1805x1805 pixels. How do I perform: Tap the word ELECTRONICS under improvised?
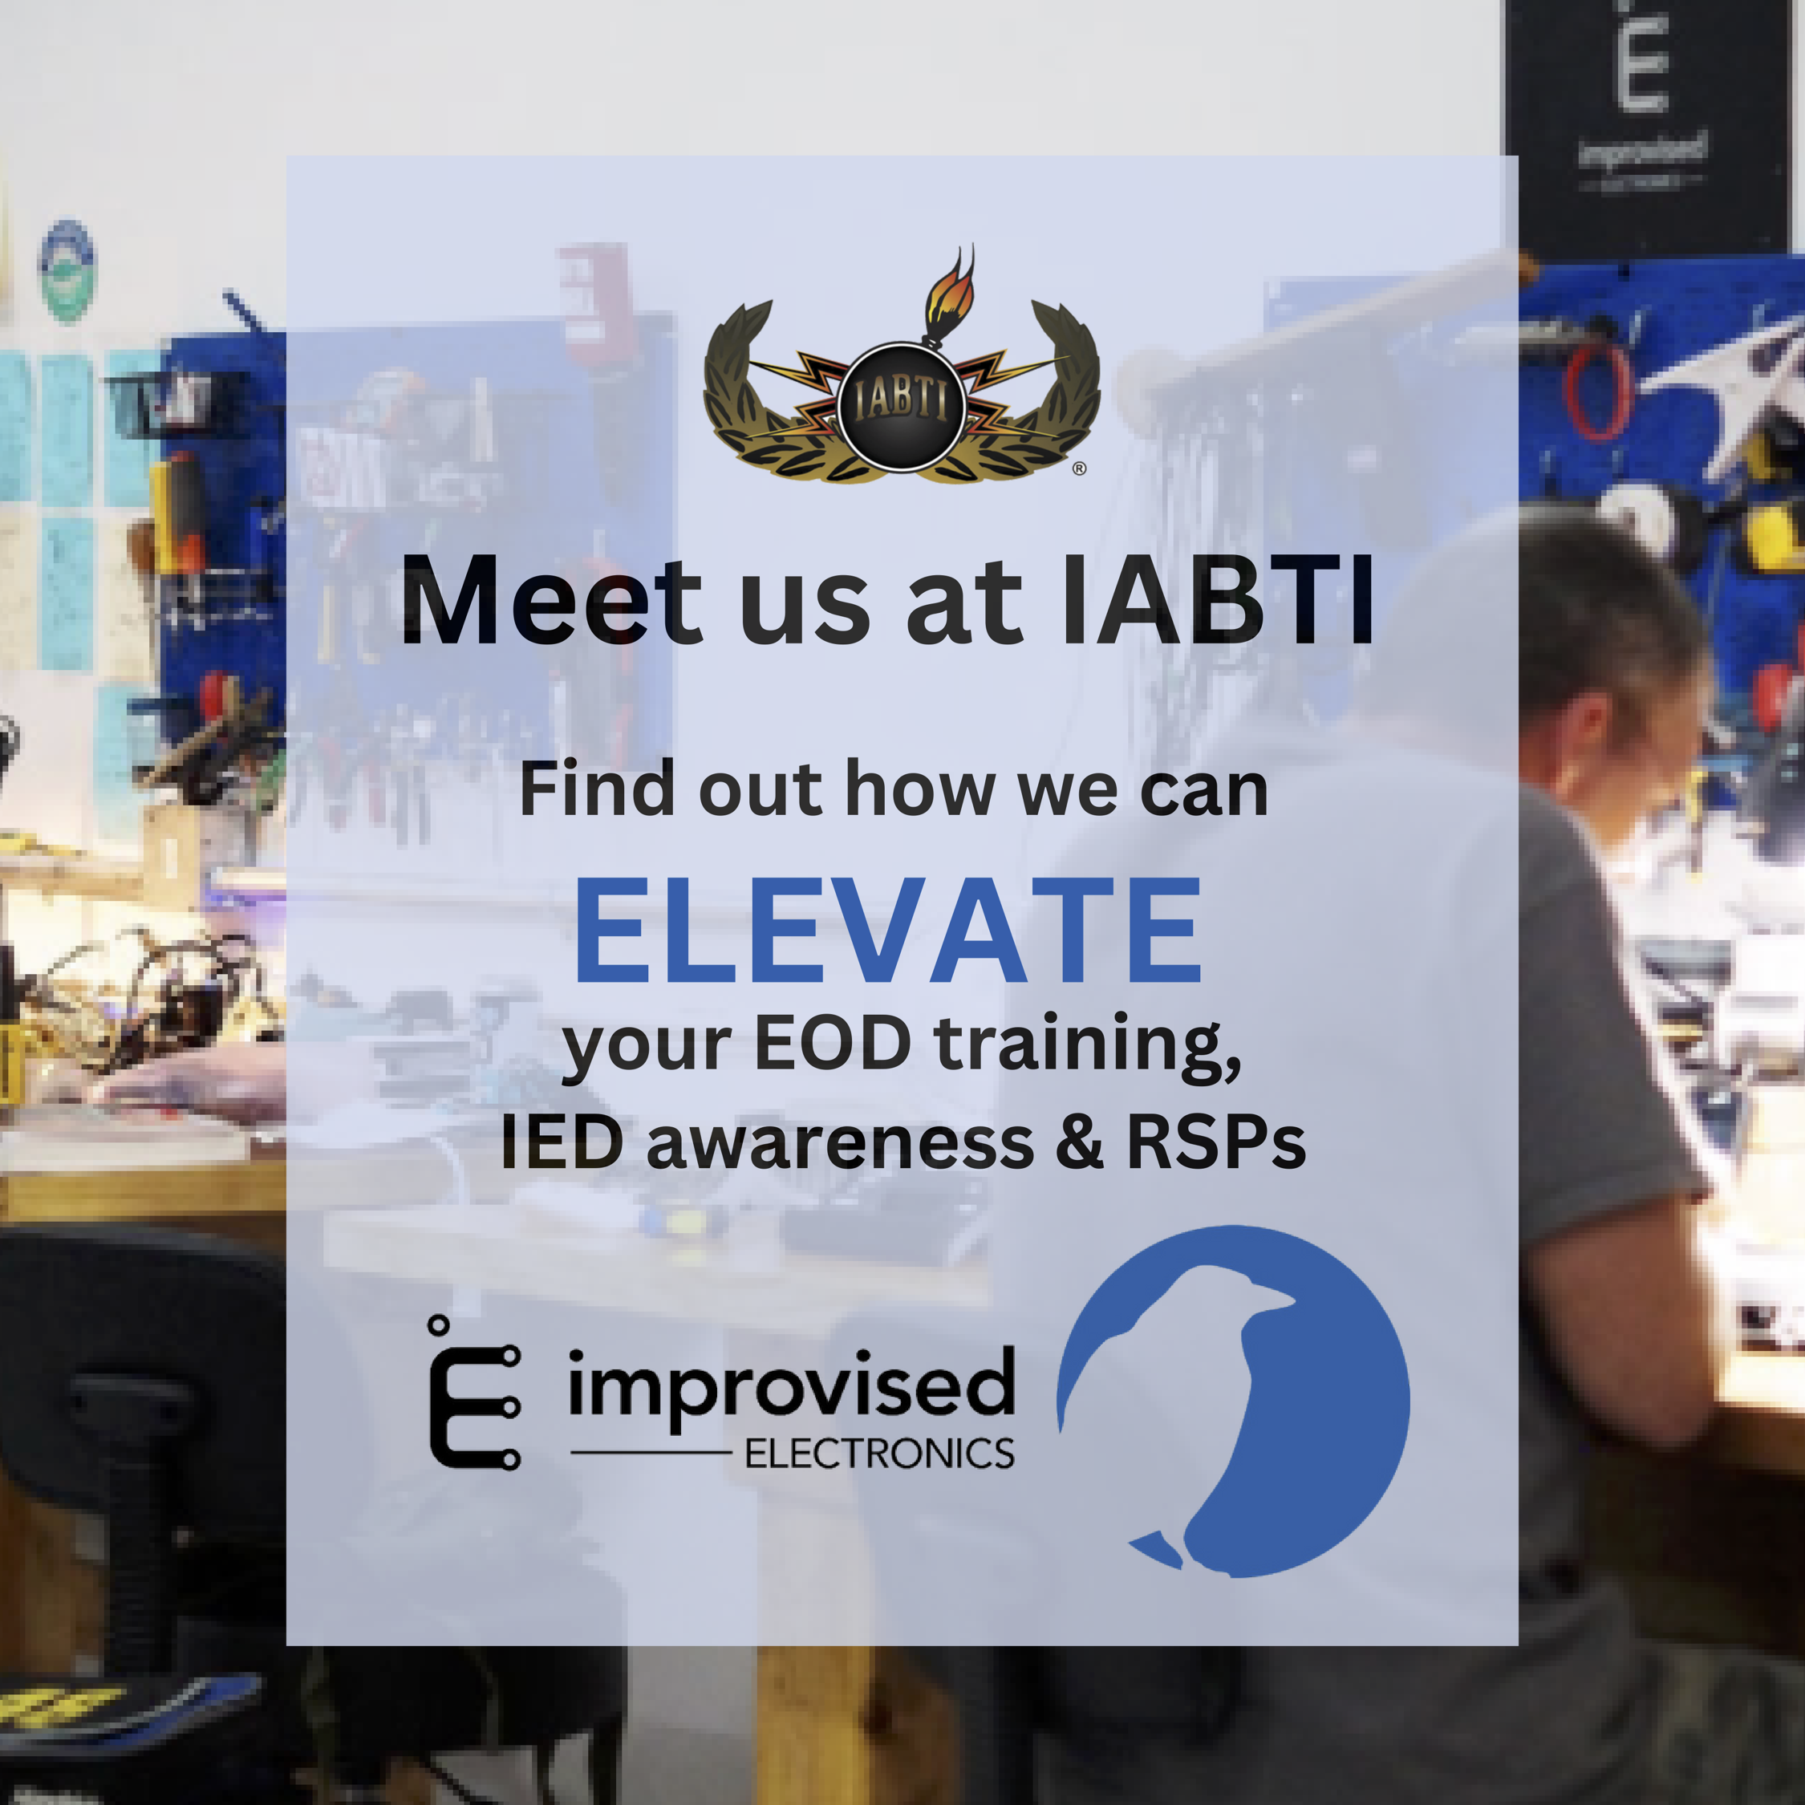pos(879,1454)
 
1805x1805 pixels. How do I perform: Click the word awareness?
pos(840,1146)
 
